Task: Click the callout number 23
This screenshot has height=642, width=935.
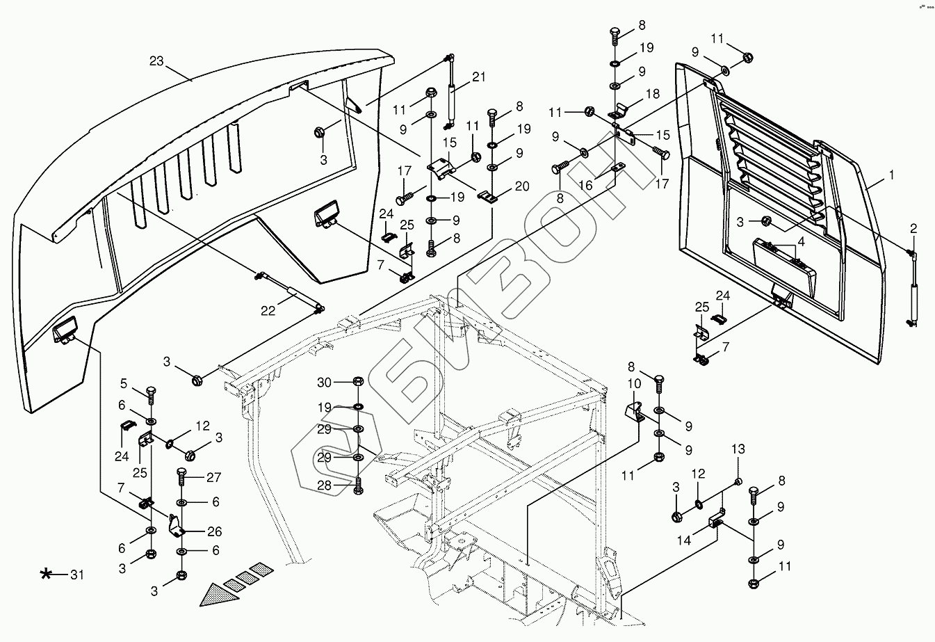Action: pyautogui.click(x=156, y=61)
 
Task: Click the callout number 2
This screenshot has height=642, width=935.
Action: pyautogui.click(x=913, y=228)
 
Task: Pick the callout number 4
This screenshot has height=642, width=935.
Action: pyautogui.click(x=801, y=242)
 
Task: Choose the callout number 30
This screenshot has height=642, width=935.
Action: pyautogui.click(x=325, y=382)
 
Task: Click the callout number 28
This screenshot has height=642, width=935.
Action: pyautogui.click(x=325, y=485)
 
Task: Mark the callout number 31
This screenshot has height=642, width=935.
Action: pyautogui.click(x=76, y=575)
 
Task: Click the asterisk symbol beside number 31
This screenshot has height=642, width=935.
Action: pyautogui.click(x=47, y=574)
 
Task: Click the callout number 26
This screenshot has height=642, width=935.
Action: pyautogui.click(x=213, y=533)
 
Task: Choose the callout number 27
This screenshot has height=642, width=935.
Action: pyautogui.click(x=213, y=478)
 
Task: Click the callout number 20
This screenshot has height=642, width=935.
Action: pyautogui.click(x=522, y=186)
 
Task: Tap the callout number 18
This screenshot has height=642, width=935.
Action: pyautogui.click(x=652, y=93)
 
